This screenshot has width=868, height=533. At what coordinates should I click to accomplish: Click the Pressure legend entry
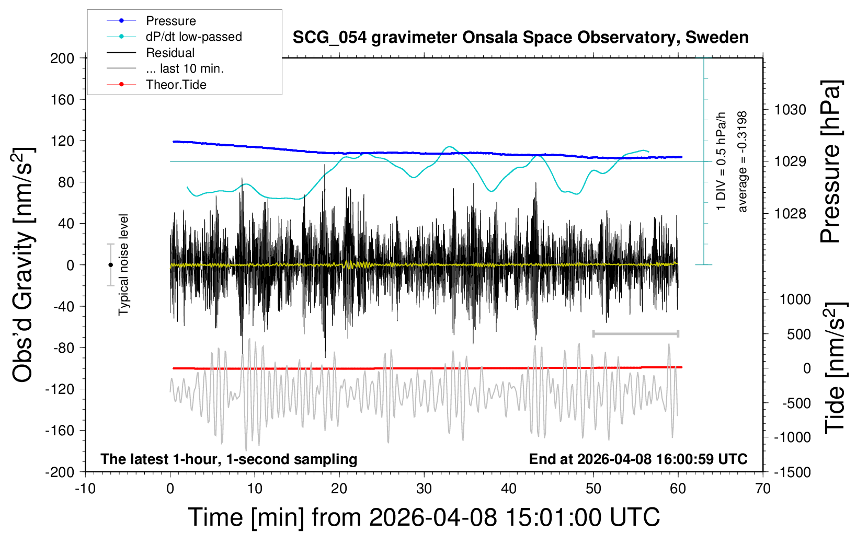170,21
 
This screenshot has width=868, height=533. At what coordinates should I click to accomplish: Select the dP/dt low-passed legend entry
193,37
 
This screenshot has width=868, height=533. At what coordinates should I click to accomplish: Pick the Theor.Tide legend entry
176,85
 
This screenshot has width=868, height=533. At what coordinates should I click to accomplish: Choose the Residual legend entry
170,53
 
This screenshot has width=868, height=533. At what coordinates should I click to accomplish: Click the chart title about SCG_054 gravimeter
520,38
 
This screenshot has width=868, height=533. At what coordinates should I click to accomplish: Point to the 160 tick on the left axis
62,99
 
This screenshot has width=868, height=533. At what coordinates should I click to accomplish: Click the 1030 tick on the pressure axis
790,110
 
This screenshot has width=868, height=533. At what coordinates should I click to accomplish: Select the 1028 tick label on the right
790,213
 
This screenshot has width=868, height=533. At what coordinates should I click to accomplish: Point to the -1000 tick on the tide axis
792,437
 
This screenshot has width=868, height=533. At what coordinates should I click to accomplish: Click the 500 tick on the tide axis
798,334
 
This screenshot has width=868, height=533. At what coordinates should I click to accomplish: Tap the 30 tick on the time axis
424,489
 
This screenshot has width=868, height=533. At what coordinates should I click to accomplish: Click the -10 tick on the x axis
85,489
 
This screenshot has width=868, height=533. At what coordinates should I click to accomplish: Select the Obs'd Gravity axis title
24,265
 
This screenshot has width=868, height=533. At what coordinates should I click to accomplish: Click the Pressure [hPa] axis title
830,161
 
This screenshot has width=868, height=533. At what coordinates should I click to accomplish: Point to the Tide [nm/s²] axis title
835,368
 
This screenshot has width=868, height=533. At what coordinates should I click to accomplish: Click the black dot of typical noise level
110,265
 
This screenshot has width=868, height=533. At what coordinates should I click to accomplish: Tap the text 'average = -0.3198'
743,161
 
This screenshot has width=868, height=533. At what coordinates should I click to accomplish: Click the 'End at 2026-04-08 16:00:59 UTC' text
638,459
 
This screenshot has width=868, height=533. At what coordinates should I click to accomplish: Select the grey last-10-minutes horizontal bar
635,333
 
